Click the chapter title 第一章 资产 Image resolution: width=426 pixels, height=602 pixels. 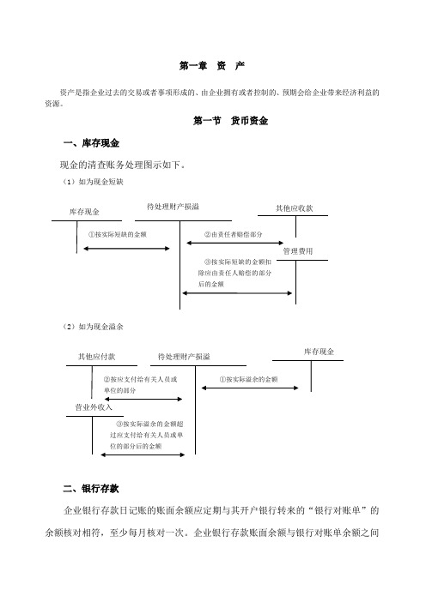click(x=212, y=66)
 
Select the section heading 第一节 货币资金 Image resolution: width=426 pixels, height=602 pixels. click(x=230, y=121)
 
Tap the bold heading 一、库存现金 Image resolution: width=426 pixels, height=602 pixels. click(x=91, y=143)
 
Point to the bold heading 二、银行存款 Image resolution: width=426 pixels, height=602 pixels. click(x=91, y=489)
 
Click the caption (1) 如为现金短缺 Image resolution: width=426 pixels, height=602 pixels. click(x=93, y=182)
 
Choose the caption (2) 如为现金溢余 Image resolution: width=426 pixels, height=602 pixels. click(x=93, y=327)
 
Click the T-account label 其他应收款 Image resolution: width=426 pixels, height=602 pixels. click(x=294, y=208)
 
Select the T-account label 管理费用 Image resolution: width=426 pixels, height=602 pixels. click(x=298, y=251)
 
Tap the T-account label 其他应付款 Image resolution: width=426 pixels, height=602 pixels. click(x=96, y=357)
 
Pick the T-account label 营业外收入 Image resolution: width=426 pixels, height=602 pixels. click(x=94, y=407)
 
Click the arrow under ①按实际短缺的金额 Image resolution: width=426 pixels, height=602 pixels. click(x=126, y=249)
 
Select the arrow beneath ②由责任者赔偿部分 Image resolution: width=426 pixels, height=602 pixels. click(x=235, y=243)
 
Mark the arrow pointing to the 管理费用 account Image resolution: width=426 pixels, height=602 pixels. click(x=237, y=293)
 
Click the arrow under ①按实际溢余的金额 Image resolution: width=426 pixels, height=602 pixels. click(x=250, y=388)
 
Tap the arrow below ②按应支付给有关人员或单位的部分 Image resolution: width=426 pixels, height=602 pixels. click(x=143, y=400)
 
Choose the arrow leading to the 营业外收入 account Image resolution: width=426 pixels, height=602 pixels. click(x=143, y=455)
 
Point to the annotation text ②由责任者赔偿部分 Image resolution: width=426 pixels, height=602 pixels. click(x=233, y=234)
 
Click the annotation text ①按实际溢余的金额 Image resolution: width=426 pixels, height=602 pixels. click(x=248, y=379)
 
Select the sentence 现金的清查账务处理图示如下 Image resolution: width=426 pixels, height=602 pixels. click(x=123, y=166)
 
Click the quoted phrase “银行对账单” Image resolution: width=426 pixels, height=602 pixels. click(x=338, y=510)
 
